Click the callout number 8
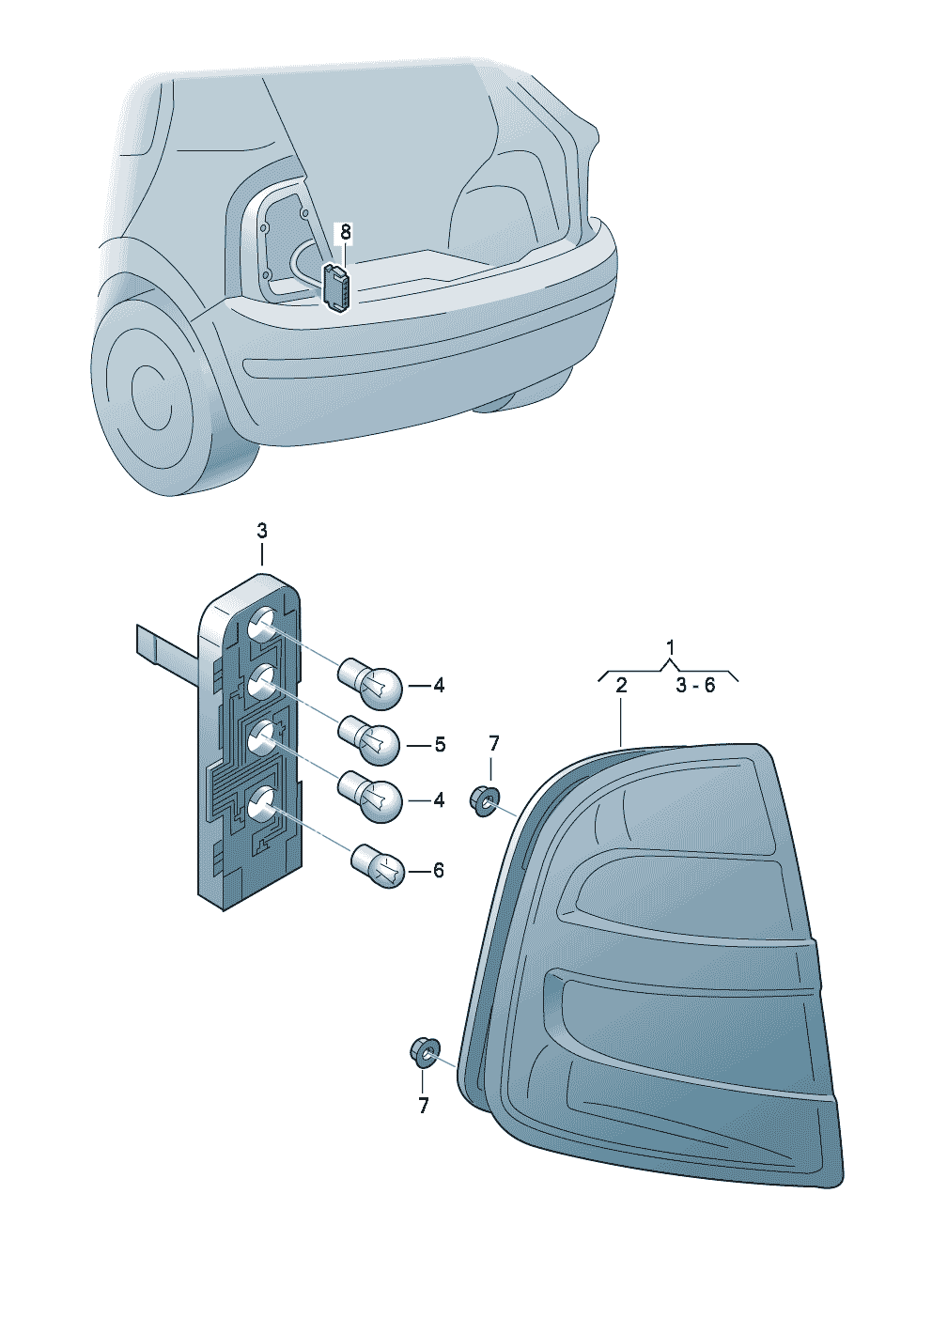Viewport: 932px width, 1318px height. coord(346,231)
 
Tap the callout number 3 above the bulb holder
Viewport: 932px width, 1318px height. coord(262,531)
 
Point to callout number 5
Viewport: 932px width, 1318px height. coord(440,745)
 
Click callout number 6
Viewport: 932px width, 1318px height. coord(439,871)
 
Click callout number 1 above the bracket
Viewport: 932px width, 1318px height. coord(670,647)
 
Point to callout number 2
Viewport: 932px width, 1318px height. coord(621,686)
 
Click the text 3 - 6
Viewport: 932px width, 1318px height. coord(695,686)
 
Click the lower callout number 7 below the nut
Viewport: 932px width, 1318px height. coord(424,1106)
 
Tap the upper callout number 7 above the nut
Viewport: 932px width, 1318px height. coord(494,744)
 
